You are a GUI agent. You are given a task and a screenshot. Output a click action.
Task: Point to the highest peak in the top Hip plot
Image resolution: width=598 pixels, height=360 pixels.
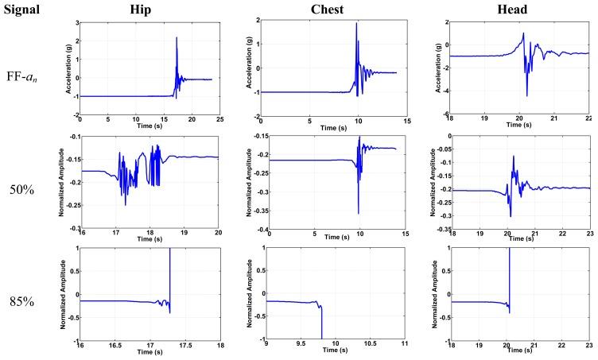(x=176, y=38)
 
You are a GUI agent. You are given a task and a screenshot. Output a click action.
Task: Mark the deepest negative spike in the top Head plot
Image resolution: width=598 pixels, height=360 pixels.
(x=527, y=96)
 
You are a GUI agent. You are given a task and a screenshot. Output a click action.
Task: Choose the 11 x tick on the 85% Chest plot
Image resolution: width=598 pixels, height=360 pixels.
(x=406, y=346)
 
